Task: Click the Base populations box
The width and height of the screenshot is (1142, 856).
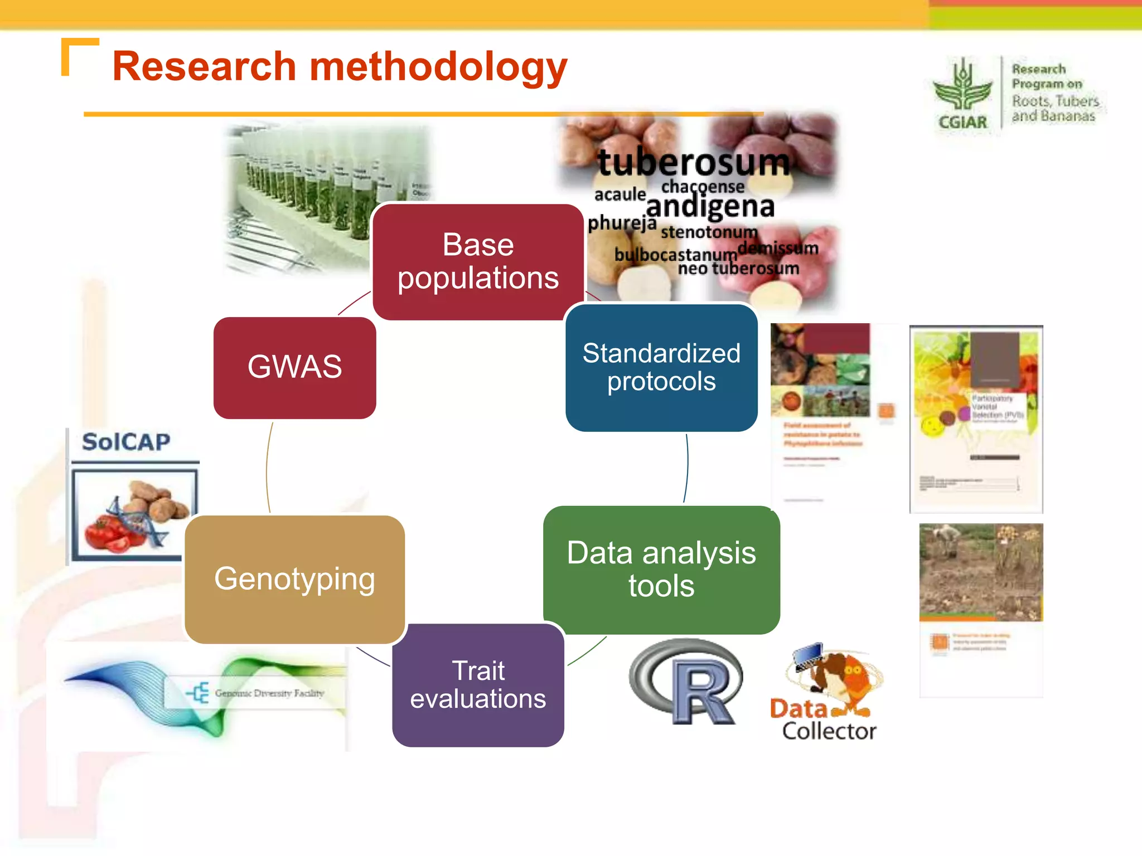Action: click(478, 261)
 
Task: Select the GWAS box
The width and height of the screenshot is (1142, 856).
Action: click(294, 367)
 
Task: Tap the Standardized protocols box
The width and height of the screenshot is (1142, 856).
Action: click(661, 367)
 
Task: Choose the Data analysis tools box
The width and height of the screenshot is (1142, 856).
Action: click(661, 570)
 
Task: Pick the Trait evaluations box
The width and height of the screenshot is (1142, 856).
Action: click(478, 685)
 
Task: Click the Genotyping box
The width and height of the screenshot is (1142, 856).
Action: click(294, 579)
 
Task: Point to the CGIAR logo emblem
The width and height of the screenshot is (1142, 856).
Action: click(962, 89)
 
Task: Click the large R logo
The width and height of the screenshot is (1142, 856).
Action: click(687, 682)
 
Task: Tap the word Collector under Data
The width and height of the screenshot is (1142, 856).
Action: click(829, 731)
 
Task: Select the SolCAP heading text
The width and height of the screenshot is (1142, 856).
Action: click(126, 442)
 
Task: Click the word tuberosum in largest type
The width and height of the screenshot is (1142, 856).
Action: click(694, 162)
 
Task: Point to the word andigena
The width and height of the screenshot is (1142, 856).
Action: click(710, 207)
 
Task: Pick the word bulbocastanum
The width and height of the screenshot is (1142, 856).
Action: click(675, 255)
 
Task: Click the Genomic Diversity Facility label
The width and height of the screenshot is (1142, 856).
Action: click(269, 693)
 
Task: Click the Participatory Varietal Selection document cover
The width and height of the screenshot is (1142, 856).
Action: click(976, 418)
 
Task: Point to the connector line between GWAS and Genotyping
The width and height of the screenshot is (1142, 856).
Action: click(267, 468)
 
